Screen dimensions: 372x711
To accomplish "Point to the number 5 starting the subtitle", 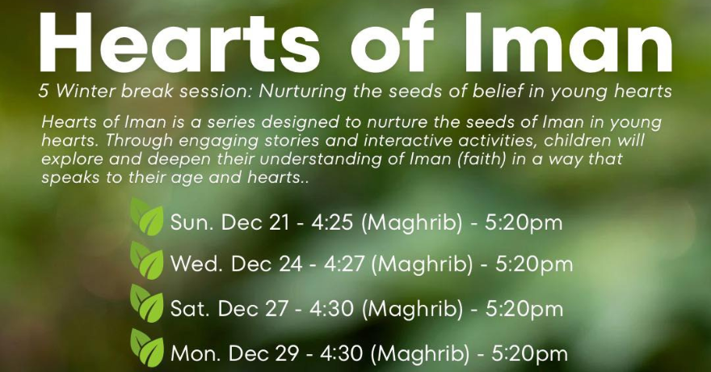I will coord(43,91).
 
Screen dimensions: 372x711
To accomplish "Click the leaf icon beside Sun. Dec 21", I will coord(147,217).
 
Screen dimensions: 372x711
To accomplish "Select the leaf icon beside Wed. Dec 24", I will coord(147,260).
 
